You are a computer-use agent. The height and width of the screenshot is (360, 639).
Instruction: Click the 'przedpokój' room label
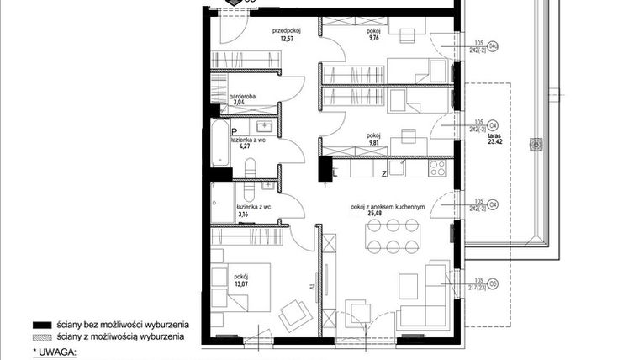tap(287, 29)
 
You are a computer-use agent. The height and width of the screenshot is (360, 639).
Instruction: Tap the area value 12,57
tap(287, 38)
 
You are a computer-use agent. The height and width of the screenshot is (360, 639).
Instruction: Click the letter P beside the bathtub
tap(224, 131)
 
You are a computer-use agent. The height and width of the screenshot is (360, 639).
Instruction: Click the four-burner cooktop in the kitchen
tap(439, 167)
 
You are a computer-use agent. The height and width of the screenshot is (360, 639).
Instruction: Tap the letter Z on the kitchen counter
tap(383, 174)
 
